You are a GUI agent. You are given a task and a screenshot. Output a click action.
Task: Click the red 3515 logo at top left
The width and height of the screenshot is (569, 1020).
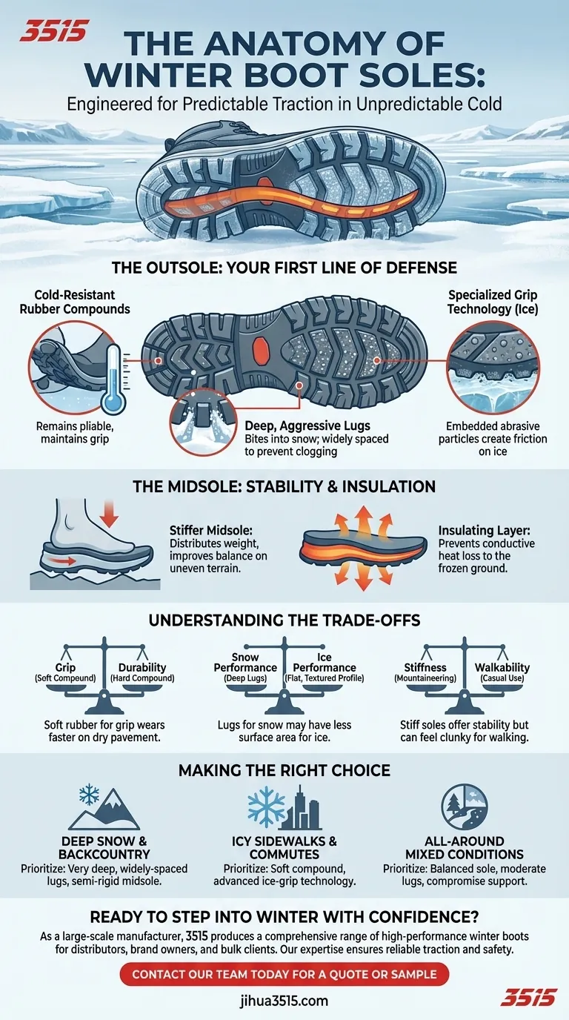[x=53, y=31]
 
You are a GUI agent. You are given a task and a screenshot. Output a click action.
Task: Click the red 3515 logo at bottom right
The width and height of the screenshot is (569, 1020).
[x=528, y=997]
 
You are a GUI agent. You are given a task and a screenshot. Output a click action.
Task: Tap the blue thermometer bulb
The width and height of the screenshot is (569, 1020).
[x=113, y=403]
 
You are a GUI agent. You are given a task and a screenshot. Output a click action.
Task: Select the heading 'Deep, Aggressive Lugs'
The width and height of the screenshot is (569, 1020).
[x=307, y=425]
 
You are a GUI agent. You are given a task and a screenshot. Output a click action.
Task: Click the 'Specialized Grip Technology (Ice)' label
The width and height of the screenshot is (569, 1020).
[x=493, y=302]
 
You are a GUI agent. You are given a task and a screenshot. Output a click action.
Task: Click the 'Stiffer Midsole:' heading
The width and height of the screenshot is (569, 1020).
[x=210, y=531]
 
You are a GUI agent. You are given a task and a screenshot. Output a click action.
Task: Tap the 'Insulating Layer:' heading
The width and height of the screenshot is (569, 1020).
[x=485, y=531]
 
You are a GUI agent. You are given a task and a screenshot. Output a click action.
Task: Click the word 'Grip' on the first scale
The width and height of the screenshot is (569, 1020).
[x=65, y=668]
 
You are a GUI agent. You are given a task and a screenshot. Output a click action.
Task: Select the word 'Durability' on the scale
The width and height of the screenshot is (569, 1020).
[x=142, y=668]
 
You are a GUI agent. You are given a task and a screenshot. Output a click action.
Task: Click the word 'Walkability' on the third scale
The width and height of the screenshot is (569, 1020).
[x=502, y=668]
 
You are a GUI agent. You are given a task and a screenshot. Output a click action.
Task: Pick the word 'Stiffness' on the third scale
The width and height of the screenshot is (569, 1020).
[x=425, y=668]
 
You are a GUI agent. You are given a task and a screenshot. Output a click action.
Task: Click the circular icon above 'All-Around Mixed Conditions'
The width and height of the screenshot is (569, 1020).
[x=465, y=807]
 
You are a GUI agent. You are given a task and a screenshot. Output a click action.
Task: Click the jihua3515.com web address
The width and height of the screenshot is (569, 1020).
[x=284, y=1001]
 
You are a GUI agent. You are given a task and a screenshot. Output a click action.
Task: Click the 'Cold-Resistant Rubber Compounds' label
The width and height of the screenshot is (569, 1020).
[x=75, y=302]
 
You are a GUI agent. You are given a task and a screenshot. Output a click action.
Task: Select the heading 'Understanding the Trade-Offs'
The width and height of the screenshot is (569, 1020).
[x=284, y=620]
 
